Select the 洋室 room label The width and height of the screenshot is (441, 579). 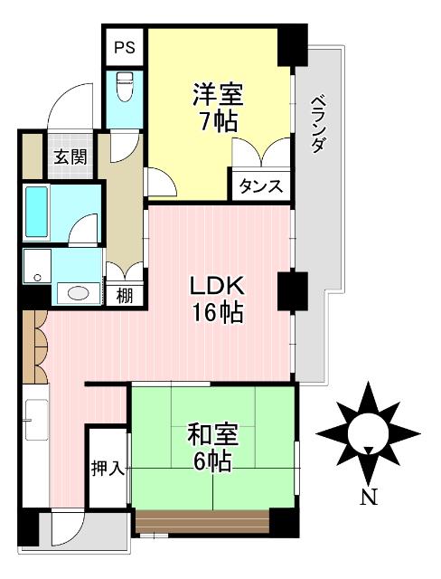[x=218, y=93]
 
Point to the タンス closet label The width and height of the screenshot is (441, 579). [x=261, y=186]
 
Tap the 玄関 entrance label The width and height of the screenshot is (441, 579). [x=70, y=156]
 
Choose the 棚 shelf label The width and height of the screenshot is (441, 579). [x=124, y=294]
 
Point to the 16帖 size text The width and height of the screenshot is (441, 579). [x=217, y=314]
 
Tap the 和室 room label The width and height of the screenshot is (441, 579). [x=213, y=435]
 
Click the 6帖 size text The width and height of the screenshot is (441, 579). [x=213, y=462]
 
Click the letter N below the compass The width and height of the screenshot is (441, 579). [x=368, y=497]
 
